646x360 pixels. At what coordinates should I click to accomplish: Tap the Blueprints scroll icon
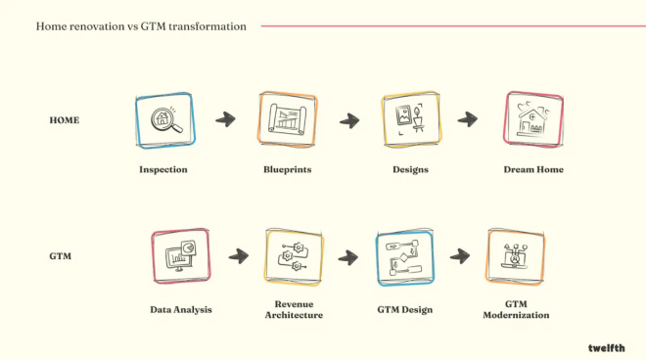288,119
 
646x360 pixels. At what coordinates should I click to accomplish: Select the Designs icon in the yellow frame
410,119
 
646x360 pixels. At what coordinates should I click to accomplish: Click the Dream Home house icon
533,119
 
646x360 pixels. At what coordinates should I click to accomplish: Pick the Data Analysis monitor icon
180,256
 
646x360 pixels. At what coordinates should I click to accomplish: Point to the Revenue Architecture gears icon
294,256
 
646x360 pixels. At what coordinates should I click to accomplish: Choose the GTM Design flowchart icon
404,258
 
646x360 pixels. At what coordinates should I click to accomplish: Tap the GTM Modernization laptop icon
515,256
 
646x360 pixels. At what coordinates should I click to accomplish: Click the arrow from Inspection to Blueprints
225,119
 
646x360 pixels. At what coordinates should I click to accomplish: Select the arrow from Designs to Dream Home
468,119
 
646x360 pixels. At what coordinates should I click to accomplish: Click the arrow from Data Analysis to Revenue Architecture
239,256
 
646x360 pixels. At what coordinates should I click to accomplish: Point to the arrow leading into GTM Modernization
460,256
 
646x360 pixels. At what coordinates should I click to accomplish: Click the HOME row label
65,120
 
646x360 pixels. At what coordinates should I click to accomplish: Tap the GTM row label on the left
60,256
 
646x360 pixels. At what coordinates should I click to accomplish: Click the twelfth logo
607,348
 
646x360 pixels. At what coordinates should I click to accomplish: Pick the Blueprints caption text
288,169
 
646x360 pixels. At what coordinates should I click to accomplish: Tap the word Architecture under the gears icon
294,315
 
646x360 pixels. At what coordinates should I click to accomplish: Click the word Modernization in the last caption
516,315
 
